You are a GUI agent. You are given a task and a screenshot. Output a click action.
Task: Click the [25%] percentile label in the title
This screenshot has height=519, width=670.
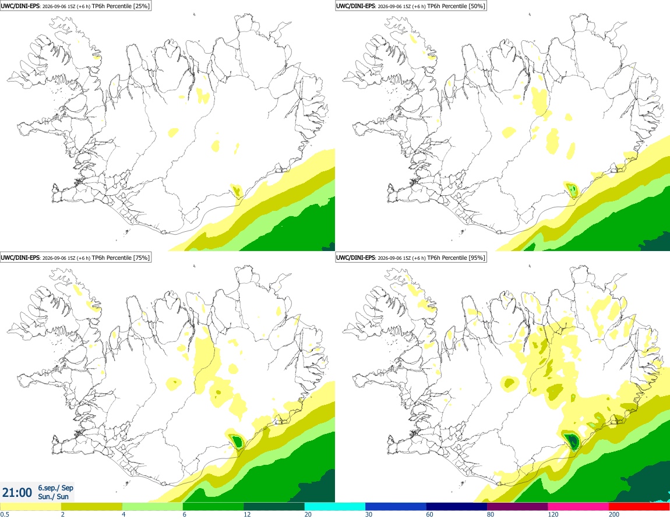pyautogui.click(x=141, y=6)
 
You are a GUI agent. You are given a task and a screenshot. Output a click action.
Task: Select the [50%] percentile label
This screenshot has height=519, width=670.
pyautogui.click(x=477, y=6)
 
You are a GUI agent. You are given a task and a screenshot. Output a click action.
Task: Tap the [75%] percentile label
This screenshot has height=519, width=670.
pyautogui.click(x=141, y=257)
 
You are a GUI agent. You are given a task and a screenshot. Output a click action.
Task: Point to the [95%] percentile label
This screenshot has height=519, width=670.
pyautogui.click(x=477, y=257)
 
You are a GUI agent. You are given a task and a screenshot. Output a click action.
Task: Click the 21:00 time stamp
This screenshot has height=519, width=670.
pyautogui.click(x=17, y=493)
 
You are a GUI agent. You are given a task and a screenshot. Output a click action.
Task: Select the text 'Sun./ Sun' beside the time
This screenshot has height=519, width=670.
pyautogui.click(x=54, y=496)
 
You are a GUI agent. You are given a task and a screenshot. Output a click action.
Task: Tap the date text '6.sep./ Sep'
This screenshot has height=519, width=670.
pyautogui.click(x=55, y=488)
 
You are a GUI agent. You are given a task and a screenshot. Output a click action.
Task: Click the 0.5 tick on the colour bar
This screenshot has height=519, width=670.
pyautogui.click(x=5, y=515)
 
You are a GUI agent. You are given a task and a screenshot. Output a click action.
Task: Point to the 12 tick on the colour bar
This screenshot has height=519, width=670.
pyautogui.click(x=247, y=515)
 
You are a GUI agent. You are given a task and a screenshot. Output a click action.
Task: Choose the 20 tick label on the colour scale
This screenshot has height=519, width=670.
pyautogui.click(x=308, y=515)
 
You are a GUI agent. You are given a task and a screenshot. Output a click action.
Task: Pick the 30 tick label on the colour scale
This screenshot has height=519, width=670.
pyautogui.click(x=368, y=515)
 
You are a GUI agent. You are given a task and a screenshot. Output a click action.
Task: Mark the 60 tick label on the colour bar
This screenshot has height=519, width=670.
pyautogui.click(x=429, y=515)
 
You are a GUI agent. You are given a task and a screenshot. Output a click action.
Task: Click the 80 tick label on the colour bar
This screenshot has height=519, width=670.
pyautogui.click(x=490, y=515)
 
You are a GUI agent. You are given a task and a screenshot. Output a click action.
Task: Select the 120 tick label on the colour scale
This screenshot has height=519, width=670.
pyautogui.click(x=552, y=515)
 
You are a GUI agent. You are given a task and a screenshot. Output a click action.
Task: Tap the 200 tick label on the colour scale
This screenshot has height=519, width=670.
pyautogui.click(x=613, y=515)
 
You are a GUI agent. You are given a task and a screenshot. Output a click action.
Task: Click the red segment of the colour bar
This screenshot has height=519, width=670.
pyautogui.click(x=639, y=507)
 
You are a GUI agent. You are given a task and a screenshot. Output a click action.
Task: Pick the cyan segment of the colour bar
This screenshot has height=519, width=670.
pyautogui.click(x=335, y=507)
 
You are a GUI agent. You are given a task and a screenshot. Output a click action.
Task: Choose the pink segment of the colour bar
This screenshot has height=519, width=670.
pyautogui.click(x=578, y=507)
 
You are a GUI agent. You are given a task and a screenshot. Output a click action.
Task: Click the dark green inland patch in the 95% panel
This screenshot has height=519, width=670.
pyautogui.click(x=572, y=440)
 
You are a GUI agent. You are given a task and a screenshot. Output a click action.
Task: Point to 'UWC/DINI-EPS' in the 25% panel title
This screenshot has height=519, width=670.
pyautogui.click(x=20, y=6)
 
